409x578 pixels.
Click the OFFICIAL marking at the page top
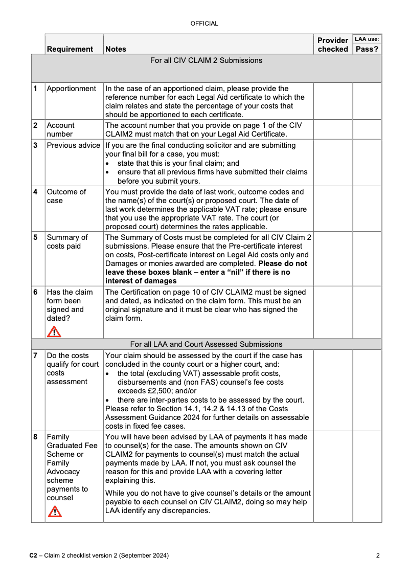coord(204,24)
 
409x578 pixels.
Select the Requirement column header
coord(70,49)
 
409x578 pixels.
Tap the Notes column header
coord(116,49)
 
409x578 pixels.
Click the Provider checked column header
coord(332,45)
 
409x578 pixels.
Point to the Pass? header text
coord(367,49)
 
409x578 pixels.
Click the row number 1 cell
coord(35,88)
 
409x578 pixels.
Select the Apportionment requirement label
coord(71,88)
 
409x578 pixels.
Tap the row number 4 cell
coord(35,192)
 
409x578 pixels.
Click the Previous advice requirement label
coord(73,145)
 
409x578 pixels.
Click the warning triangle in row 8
coord(54,511)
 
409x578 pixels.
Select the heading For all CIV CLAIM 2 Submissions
coord(206,60)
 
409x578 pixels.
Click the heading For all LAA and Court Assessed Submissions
coord(206,344)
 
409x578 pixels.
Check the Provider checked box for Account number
coord(332,129)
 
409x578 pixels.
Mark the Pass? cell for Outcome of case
coord(367,209)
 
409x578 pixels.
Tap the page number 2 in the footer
coord(377,555)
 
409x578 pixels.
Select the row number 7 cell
coord(35,355)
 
